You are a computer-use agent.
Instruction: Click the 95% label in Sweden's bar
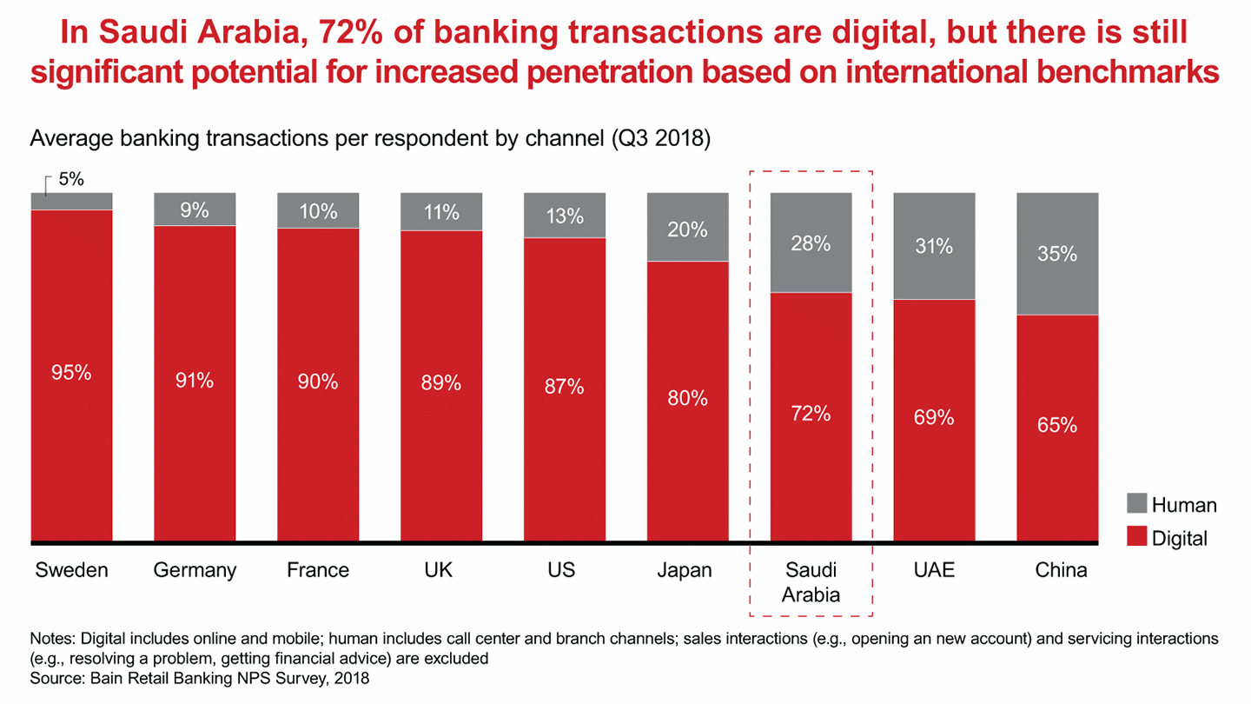(71, 372)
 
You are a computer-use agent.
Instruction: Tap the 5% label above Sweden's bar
(71, 180)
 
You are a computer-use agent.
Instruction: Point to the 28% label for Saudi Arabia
(811, 244)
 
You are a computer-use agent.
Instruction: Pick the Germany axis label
(195, 571)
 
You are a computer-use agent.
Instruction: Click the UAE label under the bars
(933, 571)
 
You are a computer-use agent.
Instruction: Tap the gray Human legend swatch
(1136, 505)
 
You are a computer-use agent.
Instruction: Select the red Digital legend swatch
(1136, 538)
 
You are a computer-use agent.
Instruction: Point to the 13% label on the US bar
(565, 216)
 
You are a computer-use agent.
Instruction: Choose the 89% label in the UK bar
(441, 382)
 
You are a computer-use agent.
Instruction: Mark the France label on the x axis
(318, 571)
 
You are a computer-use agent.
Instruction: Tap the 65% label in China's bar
(1057, 426)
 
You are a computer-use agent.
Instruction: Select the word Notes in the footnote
(51, 639)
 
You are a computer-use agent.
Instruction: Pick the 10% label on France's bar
(318, 210)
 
